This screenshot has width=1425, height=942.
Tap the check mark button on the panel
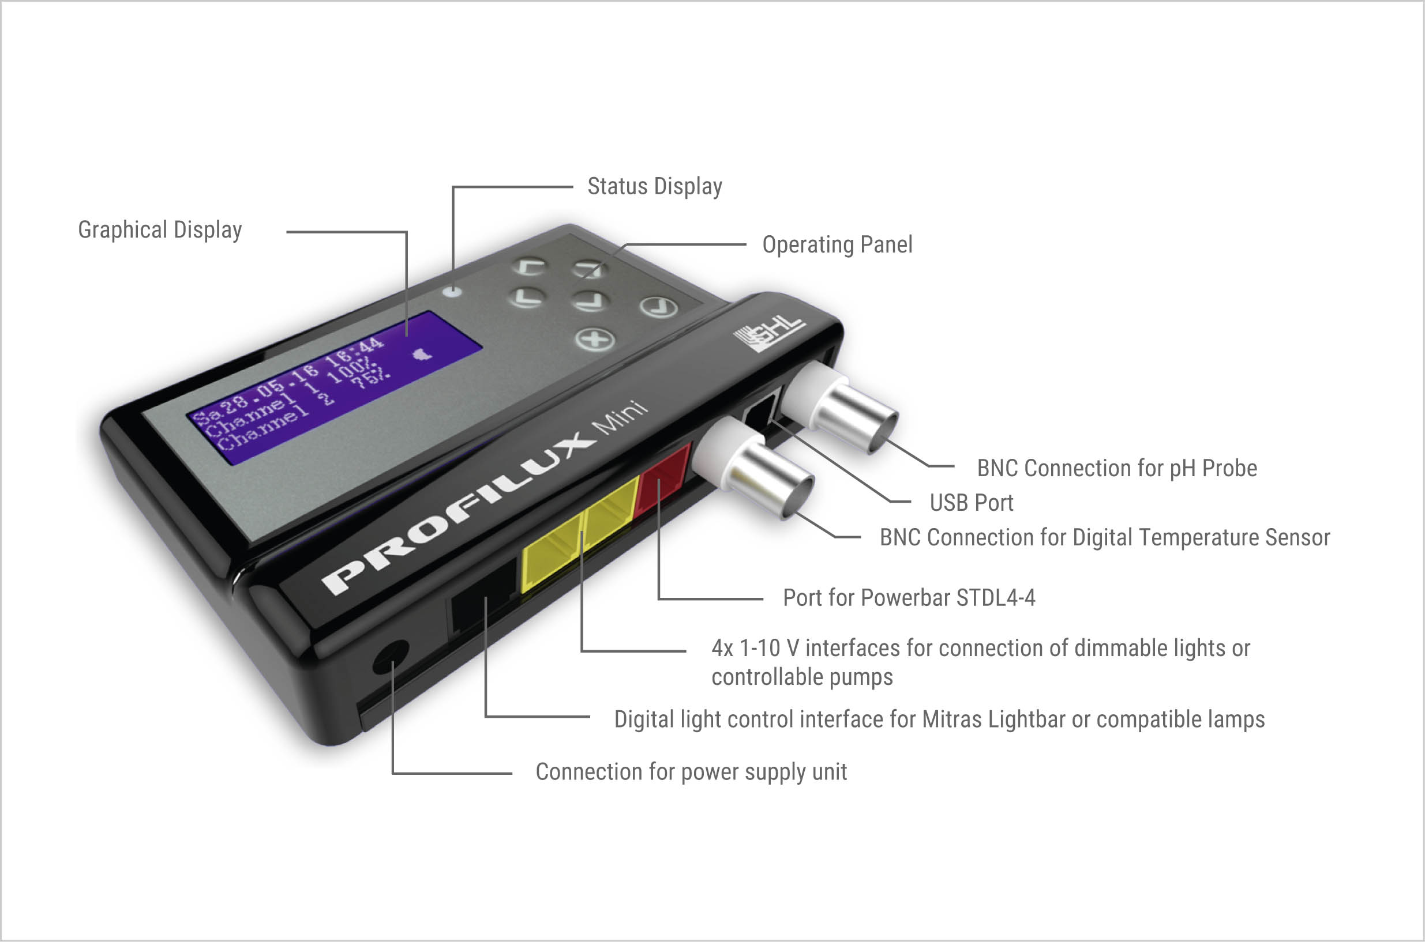pyautogui.click(x=658, y=307)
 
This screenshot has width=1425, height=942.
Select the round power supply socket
pyautogui.click(x=390, y=657)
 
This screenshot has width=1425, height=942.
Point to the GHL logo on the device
pyautogui.click(x=768, y=333)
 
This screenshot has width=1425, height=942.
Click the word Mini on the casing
pyautogui.click(x=621, y=416)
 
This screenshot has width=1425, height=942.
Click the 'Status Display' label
pyautogui.click(x=655, y=187)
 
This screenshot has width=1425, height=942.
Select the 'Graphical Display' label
pyautogui.click(x=160, y=230)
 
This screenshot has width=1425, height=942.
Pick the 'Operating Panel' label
pyautogui.click(x=838, y=245)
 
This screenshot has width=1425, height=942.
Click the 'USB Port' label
pyautogui.click(x=971, y=503)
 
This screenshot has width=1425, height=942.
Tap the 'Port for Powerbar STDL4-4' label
pyautogui.click(x=909, y=598)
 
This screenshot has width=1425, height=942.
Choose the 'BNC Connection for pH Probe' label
pyautogui.click(x=1117, y=469)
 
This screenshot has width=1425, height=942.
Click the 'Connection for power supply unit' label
pyautogui.click(x=692, y=772)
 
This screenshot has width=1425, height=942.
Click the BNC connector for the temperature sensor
pyautogui.click(x=754, y=469)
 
